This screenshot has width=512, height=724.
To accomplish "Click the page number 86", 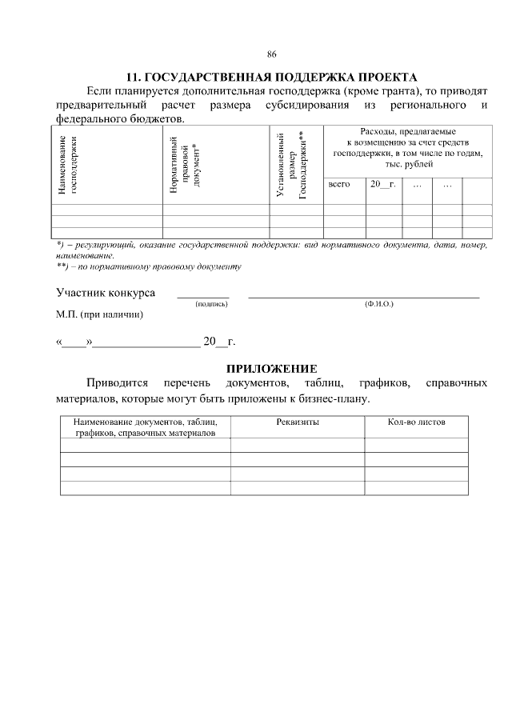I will [271, 55].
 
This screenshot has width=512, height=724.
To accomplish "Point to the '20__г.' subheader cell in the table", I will [382, 185].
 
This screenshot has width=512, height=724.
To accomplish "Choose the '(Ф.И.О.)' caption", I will [378, 304].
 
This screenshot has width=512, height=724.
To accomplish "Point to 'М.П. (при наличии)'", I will [100, 315].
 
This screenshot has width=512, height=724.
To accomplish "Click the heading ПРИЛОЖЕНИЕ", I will [272, 369].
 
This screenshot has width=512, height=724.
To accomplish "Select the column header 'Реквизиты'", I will [298, 422].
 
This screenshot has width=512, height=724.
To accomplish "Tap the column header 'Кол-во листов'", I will [416, 422].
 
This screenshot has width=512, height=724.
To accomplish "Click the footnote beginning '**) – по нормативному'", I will [149, 266].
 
